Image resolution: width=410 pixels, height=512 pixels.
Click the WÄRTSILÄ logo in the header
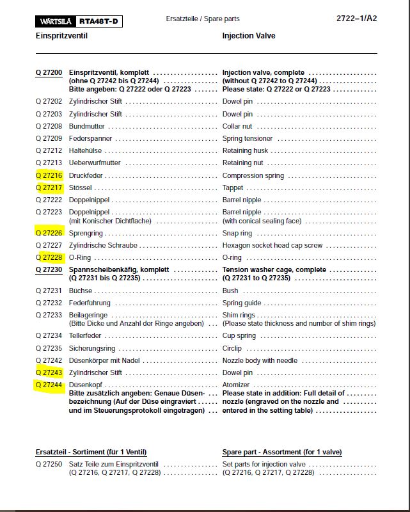56,22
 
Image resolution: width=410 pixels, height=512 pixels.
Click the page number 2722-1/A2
356,19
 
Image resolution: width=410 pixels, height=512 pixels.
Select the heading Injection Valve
249,36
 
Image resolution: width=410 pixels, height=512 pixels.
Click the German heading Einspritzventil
61,36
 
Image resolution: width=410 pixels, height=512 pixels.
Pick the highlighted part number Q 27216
49,175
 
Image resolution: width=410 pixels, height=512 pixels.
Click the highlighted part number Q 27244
49,385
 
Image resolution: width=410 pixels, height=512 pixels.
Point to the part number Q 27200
49,73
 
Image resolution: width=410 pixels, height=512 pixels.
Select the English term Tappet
233,188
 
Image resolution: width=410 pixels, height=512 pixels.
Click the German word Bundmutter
86,126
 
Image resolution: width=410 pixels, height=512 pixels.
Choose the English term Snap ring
237,233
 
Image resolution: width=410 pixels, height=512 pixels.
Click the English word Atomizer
236,385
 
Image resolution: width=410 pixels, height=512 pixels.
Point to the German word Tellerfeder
85,335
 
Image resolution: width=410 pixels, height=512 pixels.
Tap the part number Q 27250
49,464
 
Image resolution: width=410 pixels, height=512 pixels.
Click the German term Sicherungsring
92,348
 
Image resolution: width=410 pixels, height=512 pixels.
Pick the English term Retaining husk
246,150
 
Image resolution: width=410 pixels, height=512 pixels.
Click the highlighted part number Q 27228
49,257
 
